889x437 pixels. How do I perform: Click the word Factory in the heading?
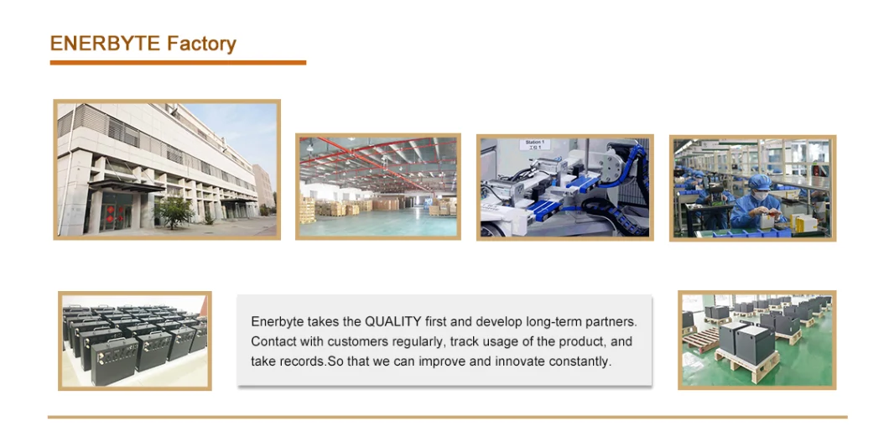pyautogui.click(x=201, y=44)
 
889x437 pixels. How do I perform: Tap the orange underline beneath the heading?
pyautogui.click(x=178, y=62)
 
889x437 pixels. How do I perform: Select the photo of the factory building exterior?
pyautogui.click(x=167, y=169)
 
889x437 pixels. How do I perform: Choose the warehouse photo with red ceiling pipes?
pyautogui.click(x=378, y=186)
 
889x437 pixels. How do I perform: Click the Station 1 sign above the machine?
pyautogui.click(x=534, y=144)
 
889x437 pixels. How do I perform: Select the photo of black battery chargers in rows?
pyautogui.click(x=135, y=341)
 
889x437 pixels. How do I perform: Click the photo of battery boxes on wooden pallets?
pyautogui.click(x=756, y=340)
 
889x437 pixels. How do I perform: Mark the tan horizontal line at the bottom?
pyautogui.click(x=447, y=417)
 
